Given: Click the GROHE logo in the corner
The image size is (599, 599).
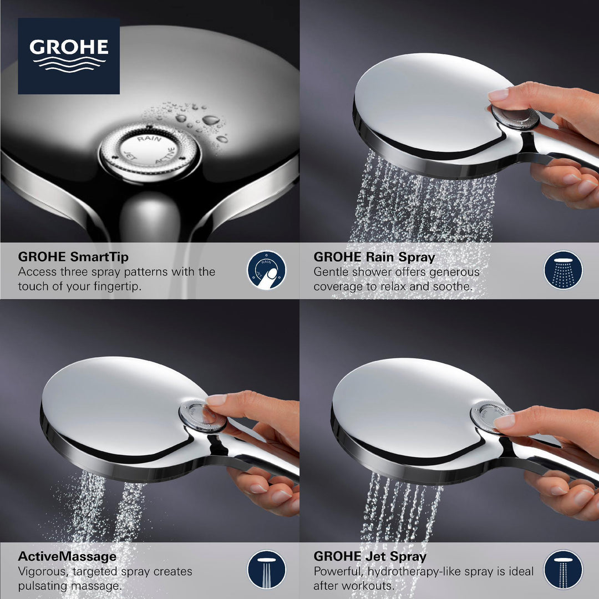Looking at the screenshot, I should [69, 55].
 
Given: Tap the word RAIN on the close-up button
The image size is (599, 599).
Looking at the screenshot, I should [149, 139].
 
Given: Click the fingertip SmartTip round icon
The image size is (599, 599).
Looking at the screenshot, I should [267, 270].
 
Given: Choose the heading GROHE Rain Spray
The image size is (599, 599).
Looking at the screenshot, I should [374, 257].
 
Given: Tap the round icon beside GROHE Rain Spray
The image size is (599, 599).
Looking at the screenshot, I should [563, 270].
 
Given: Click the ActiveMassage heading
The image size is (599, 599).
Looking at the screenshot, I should [68, 556].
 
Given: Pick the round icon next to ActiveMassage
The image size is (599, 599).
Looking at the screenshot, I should [267, 570].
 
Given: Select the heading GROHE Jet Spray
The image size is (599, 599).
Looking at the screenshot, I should [370, 556].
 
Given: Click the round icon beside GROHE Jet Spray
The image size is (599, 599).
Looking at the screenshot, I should [563, 570].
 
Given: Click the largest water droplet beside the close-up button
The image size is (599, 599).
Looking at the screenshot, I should [211, 119].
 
